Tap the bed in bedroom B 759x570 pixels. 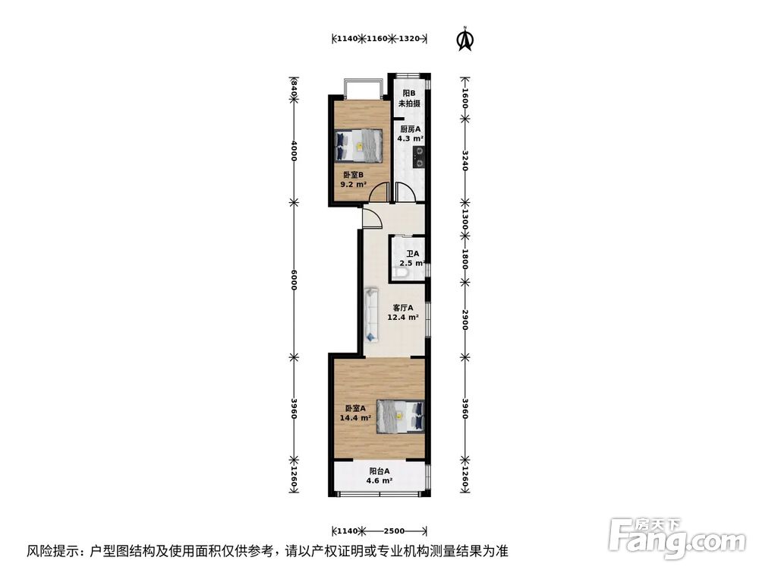pos(358,144)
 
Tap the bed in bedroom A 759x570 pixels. pos(400,415)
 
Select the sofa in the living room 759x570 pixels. pos(371,313)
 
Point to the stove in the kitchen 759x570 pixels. pos(418,159)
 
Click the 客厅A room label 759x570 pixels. pos(402,309)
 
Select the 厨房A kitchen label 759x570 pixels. pos(410,129)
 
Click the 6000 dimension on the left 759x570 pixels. pos(294,279)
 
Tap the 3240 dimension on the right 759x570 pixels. pos(465,158)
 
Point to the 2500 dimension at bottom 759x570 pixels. pos(393,530)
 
